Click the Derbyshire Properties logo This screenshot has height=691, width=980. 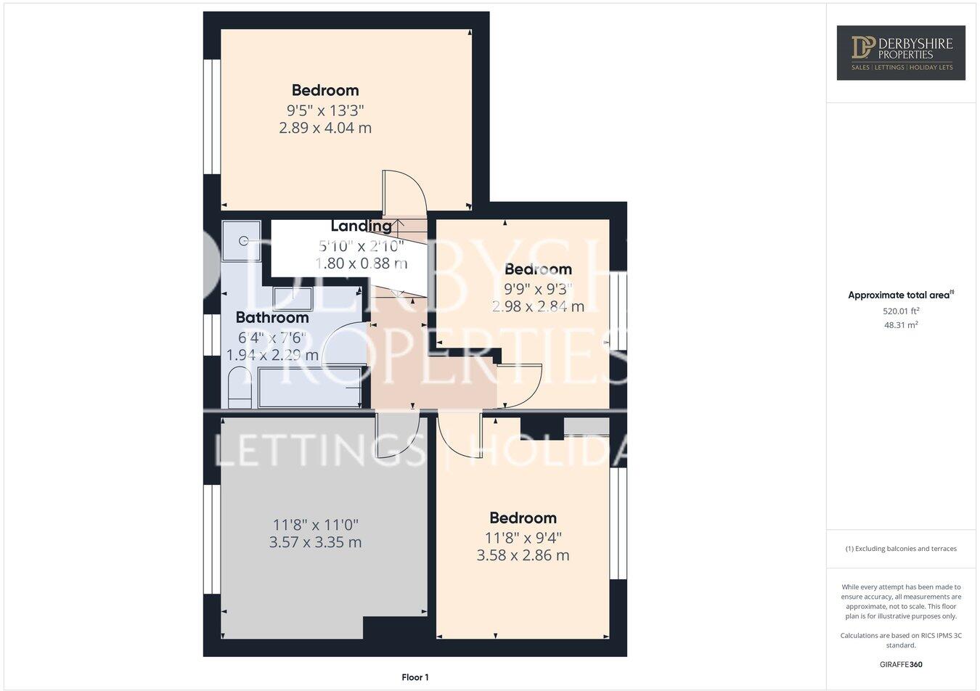[900, 52]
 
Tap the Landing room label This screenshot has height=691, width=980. [361, 226]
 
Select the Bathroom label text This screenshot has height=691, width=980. [272, 317]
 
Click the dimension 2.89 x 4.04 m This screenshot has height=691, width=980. [325, 128]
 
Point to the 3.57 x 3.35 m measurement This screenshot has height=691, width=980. [315, 542]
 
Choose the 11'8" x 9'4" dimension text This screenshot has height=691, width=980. [523, 538]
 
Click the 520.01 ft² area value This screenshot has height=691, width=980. [901, 311]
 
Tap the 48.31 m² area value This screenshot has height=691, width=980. [901, 325]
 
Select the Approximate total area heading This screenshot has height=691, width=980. [901, 295]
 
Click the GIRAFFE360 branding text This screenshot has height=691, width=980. [901, 664]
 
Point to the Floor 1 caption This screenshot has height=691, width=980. [415, 677]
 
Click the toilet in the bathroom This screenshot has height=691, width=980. [238, 388]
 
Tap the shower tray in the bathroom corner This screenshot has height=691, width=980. [241, 240]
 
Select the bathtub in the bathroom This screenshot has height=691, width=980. [309, 388]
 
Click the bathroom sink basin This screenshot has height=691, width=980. [293, 299]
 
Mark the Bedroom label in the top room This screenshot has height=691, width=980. [325, 90]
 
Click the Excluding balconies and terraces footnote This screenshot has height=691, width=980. [901, 549]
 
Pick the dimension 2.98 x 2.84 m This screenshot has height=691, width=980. [538, 306]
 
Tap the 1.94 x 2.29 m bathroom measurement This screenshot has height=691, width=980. [272, 356]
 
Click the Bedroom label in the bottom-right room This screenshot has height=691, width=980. [523, 518]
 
